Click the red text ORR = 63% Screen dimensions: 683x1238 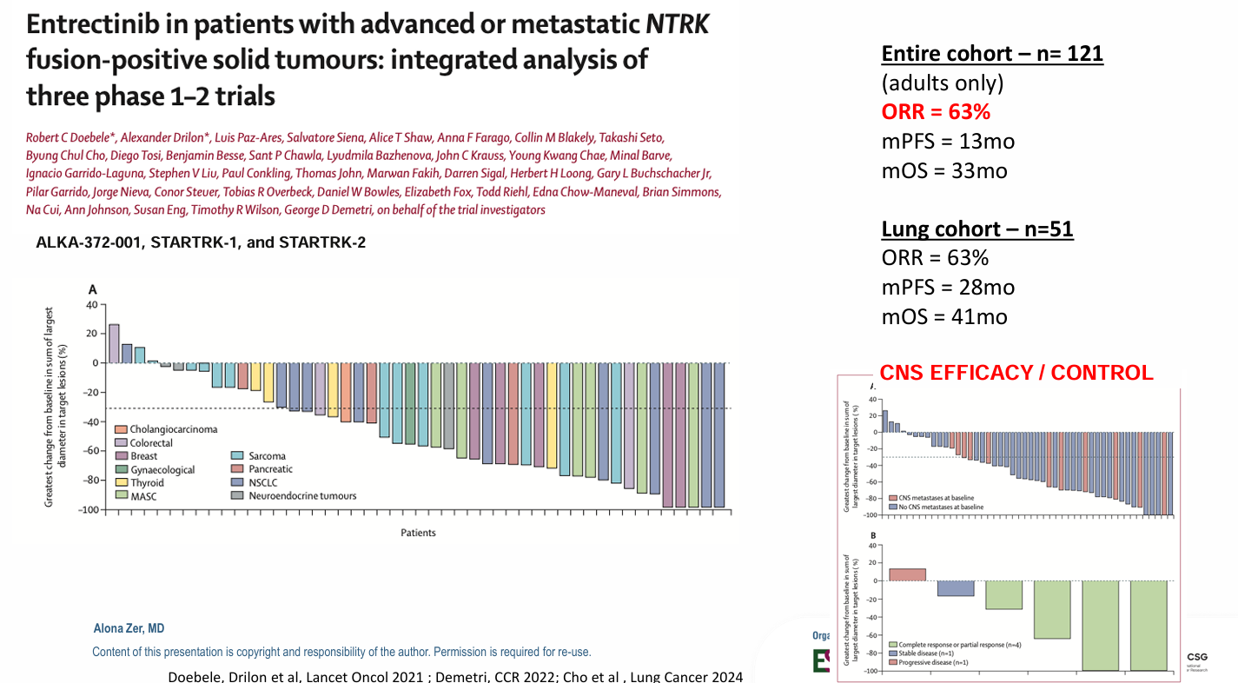937,112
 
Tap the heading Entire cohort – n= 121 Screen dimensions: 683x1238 992,54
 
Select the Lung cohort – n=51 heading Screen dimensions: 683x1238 977,229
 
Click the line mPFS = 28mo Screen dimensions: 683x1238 948,288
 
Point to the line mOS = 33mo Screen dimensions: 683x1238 944,170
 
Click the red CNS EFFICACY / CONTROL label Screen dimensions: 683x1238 1016,373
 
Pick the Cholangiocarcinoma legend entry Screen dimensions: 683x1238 172,429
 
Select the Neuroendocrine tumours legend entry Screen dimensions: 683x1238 301,496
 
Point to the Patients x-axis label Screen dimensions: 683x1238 418,533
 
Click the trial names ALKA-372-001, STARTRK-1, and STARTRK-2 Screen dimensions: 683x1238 201,242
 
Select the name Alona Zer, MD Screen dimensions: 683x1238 129,628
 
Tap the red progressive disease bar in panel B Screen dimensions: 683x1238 907,574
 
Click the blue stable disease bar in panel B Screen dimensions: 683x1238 955,588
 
